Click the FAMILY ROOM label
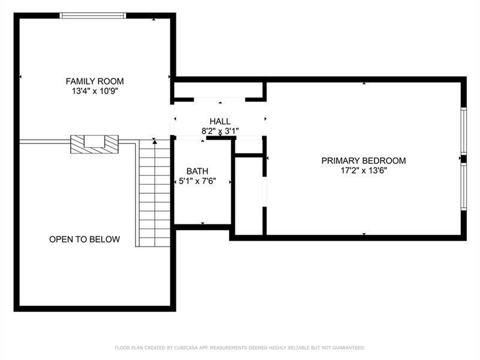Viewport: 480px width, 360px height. (95, 81)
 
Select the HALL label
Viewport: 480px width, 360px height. (220, 121)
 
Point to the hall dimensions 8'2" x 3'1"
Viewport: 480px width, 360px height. (220, 131)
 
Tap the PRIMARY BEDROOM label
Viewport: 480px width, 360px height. (364, 161)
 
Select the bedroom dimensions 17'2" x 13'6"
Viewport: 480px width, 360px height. (364, 171)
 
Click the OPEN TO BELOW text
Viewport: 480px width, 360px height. (85, 239)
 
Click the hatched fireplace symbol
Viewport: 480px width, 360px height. (95, 144)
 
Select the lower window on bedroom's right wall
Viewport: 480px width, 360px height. (463, 186)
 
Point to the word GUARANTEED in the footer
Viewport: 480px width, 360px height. (346, 348)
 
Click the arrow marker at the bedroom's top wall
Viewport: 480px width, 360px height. (364, 83)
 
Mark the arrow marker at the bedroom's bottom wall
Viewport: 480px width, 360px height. (364, 233)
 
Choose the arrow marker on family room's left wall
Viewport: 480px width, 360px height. (21, 77)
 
